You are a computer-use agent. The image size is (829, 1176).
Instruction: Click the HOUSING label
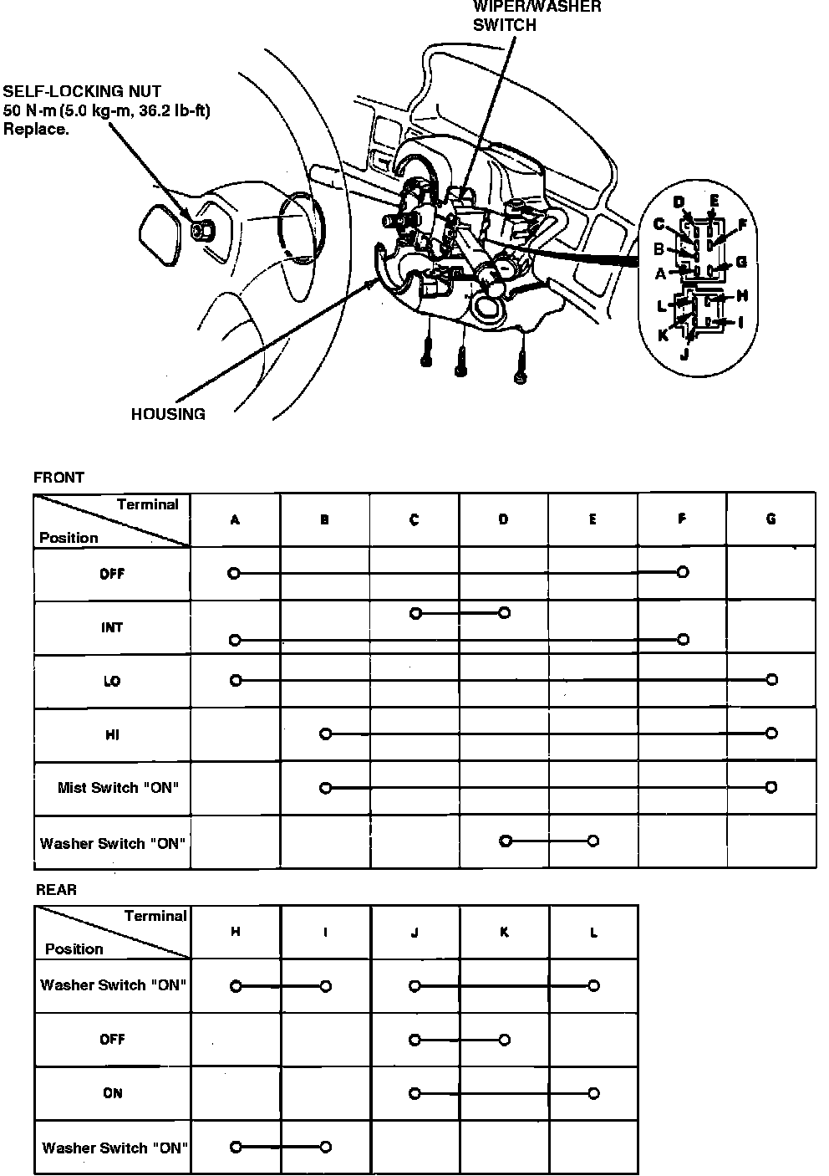click(168, 414)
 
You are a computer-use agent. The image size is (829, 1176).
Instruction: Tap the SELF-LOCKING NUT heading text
click(83, 91)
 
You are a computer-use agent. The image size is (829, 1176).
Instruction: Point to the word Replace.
click(36, 129)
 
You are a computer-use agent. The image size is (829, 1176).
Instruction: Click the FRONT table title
click(58, 478)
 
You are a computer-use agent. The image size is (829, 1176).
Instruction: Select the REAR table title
click(56, 890)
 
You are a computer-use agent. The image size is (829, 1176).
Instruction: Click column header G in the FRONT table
click(771, 519)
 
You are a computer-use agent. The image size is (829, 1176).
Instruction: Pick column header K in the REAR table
click(504, 932)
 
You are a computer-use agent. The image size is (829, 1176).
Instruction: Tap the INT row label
click(112, 627)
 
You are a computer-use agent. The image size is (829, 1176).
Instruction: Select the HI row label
click(112, 734)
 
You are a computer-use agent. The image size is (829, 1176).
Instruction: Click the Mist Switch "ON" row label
click(118, 788)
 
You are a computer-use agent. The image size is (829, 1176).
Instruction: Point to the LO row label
click(112, 681)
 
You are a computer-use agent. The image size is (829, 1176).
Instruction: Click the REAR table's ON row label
click(112, 1092)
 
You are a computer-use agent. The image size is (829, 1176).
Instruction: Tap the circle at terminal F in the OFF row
click(683, 572)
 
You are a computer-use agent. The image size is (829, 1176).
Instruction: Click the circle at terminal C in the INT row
click(415, 613)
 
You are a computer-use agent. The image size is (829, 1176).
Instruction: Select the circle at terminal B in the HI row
click(326, 734)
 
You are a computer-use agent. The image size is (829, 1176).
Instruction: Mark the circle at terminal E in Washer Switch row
click(593, 841)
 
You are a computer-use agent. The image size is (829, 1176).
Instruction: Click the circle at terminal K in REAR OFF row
click(504, 1040)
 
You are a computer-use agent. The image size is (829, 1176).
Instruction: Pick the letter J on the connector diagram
click(684, 353)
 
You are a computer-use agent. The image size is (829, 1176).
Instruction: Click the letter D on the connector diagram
click(679, 202)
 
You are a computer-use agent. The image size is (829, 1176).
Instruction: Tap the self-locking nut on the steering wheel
click(201, 230)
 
